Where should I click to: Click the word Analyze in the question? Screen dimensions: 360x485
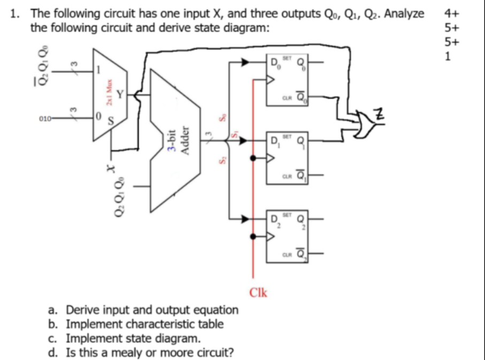405,13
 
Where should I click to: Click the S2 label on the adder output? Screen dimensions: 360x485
220,159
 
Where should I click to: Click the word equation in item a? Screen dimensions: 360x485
213,310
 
